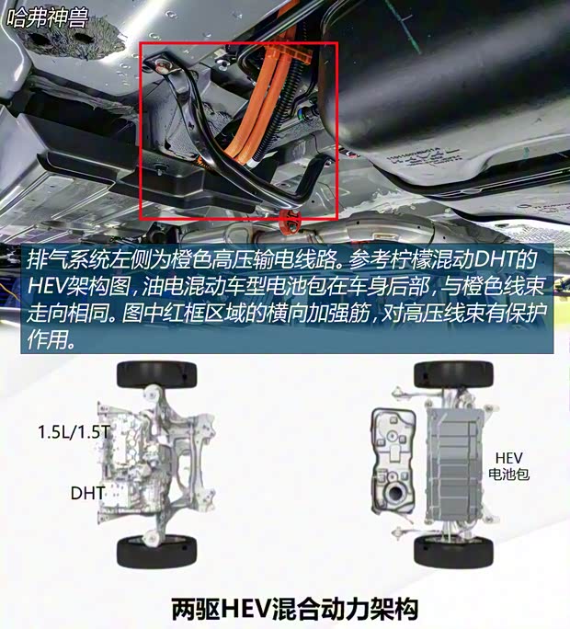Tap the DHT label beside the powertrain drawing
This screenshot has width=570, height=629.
(87, 493)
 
